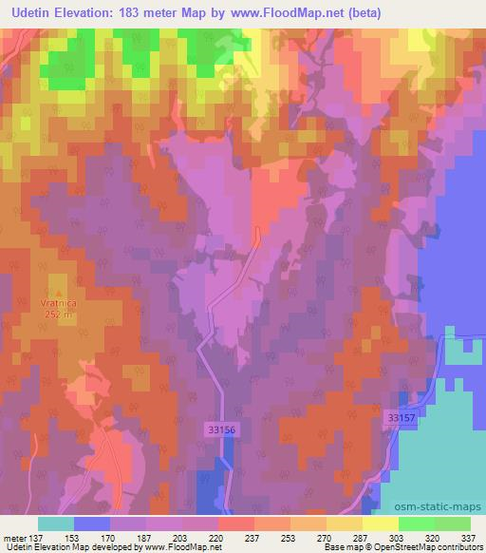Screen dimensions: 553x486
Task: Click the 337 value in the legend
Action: point(471,536)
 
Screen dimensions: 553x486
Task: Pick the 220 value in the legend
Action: point(218,536)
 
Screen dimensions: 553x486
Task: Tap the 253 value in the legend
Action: point(290,536)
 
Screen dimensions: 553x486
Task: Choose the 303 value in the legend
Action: point(399,536)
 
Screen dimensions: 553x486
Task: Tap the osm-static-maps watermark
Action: point(434,505)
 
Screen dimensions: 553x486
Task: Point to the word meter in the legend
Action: point(13,536)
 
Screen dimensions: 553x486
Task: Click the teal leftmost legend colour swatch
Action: point(56,524)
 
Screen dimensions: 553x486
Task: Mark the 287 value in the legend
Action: point(363,536)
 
